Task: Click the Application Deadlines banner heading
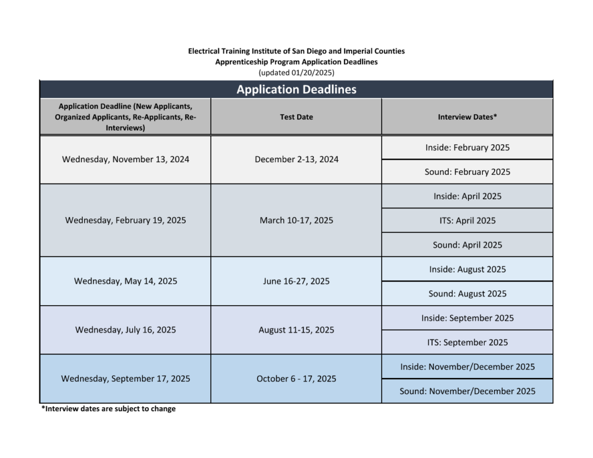click(296, 89)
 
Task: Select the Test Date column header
click(296, 117)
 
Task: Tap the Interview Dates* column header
click(467, 117)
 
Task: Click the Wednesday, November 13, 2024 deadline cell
click(125, 159)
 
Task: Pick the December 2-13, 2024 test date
click(296, 159)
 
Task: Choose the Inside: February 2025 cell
click(467, 148)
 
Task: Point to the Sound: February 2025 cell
click(467, 172)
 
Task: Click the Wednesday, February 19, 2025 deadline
click(125, 221)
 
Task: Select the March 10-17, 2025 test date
click(296, 221)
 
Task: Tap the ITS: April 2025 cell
click(467, 221)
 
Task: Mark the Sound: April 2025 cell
click(467, 245)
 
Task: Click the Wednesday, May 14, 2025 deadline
click(125, 281)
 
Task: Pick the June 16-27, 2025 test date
click(296, 281)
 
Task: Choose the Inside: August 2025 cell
click(467, 269)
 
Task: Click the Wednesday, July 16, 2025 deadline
click(125, 330)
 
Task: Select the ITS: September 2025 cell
click(467, 342)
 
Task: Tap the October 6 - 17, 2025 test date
click(296, 379)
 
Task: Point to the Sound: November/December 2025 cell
click(467, 391)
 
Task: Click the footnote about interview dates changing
click(108, 409)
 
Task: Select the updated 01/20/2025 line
click(296, 72)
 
